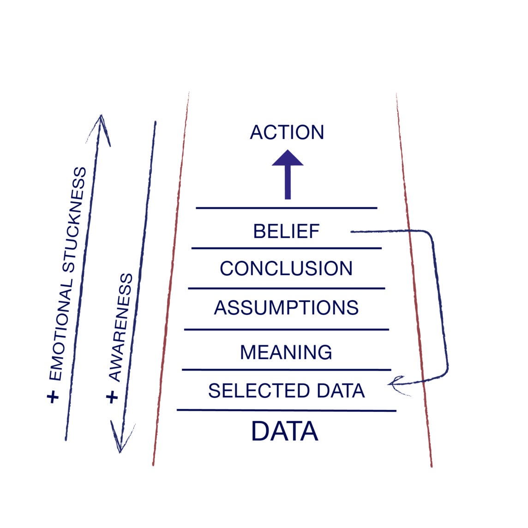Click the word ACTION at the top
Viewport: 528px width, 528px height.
click(287, 132)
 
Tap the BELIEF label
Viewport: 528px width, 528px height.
click(286, 231)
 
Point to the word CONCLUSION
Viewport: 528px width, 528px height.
click(286, 269)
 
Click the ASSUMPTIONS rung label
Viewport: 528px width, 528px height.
click(286, 308)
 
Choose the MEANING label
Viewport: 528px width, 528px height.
click(286, 353)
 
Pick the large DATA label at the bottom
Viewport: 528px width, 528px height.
click(285, 432)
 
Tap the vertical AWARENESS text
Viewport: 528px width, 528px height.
click(121, 328)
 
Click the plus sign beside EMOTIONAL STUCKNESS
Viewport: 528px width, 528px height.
click(54, 397)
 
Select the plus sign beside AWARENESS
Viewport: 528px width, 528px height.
click(112, 397)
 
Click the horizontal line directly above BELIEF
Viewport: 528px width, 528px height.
click(286, 208)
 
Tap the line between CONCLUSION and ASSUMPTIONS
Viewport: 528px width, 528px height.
click(286, 288)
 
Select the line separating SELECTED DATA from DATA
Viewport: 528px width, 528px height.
click(286, 410)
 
